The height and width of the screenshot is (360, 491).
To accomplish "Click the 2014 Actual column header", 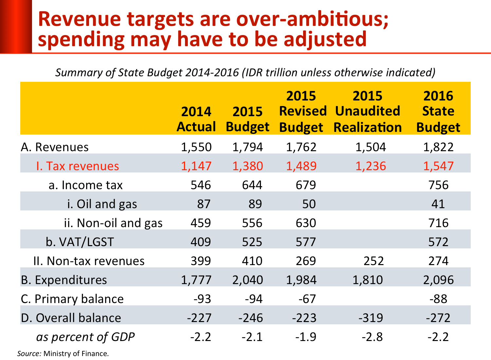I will [196, 119].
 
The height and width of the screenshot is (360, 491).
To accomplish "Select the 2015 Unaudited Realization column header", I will [368, 111].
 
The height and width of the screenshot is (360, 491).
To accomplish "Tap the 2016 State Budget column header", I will [438, 111].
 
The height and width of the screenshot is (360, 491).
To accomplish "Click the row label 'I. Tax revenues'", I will [78, 166].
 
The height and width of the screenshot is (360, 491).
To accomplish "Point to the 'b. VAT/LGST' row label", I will [80, 242].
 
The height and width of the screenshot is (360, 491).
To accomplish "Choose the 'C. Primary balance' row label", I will [72, 299].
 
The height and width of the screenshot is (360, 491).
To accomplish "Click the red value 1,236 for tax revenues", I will [371, 166].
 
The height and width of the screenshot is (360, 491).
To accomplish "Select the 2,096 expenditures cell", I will [438, 280].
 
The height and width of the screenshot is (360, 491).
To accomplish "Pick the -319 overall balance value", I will [371, 318].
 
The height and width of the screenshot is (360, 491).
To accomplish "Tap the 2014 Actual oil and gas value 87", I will [204, 204].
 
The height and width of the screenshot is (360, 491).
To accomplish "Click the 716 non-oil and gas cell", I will [438, 223].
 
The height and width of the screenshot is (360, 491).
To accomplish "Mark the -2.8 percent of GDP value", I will [372, 337].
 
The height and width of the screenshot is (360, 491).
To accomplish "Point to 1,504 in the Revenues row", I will [371, 147].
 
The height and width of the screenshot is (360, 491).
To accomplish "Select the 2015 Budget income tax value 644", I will [252, 185].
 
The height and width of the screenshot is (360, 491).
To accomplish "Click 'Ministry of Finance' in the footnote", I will [76, 354].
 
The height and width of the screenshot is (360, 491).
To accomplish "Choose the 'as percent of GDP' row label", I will [85, 337].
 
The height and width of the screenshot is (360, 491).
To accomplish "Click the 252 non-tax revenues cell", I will [373, 261].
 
